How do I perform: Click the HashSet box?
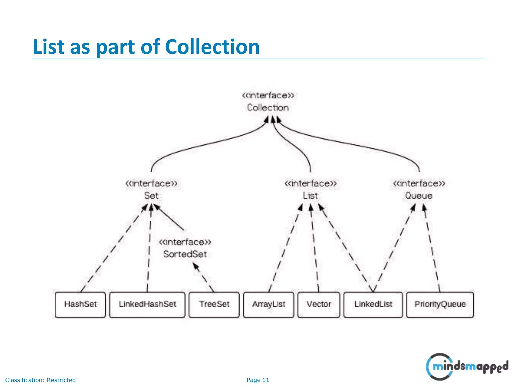pos(80,304)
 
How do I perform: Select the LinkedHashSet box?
pos(147,304)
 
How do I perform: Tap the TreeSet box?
pos(214,304)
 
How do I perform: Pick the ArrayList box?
pos(269,304)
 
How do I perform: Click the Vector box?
pos(319,304)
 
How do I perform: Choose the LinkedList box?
pos(373,304)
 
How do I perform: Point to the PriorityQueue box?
pos(440,304)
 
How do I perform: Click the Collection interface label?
pos(268,108)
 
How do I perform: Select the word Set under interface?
pos(151,196)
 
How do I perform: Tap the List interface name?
pos(310,196)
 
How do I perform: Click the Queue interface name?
pos(419,196)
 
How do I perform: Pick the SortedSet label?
pos(185,254)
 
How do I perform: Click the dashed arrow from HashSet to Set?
pos(113,248)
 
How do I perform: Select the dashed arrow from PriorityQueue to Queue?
pos(432,248)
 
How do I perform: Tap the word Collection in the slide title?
pos(212,47)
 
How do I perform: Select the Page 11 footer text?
pos(258,380)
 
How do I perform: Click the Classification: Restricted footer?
pos(40,380)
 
